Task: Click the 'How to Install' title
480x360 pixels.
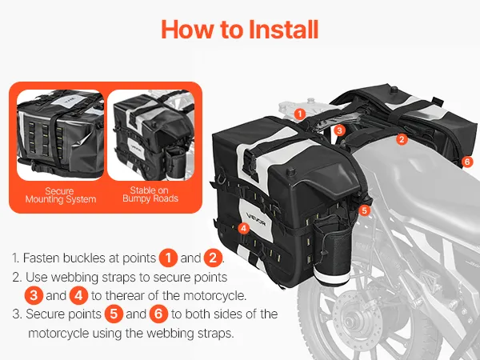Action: click(240, 30)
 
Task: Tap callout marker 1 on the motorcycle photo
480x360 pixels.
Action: click(300, 114)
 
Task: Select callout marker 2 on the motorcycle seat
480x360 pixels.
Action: click(402, 139)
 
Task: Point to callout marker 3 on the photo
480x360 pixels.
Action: click(339, 130)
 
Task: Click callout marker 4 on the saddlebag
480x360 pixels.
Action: click(244, 228)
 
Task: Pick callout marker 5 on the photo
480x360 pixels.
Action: click(364, 210)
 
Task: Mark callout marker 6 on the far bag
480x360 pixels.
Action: click(467, 162)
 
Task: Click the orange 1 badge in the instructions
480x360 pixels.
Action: click(168, 258)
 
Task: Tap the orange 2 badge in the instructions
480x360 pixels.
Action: click(213, 258)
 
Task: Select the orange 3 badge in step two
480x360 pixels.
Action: click(34, 296)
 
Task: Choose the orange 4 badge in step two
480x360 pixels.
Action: click(78, 296)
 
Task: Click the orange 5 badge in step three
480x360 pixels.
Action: click(114, 314)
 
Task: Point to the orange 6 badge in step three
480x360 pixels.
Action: click(158, 314)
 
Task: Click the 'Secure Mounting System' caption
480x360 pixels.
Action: click(60, 195)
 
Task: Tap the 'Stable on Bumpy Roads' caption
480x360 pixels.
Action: click(150, 194)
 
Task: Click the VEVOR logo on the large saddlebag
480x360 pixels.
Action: click(256, 222)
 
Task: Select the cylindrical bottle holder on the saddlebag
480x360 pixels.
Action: click(333, 253)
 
